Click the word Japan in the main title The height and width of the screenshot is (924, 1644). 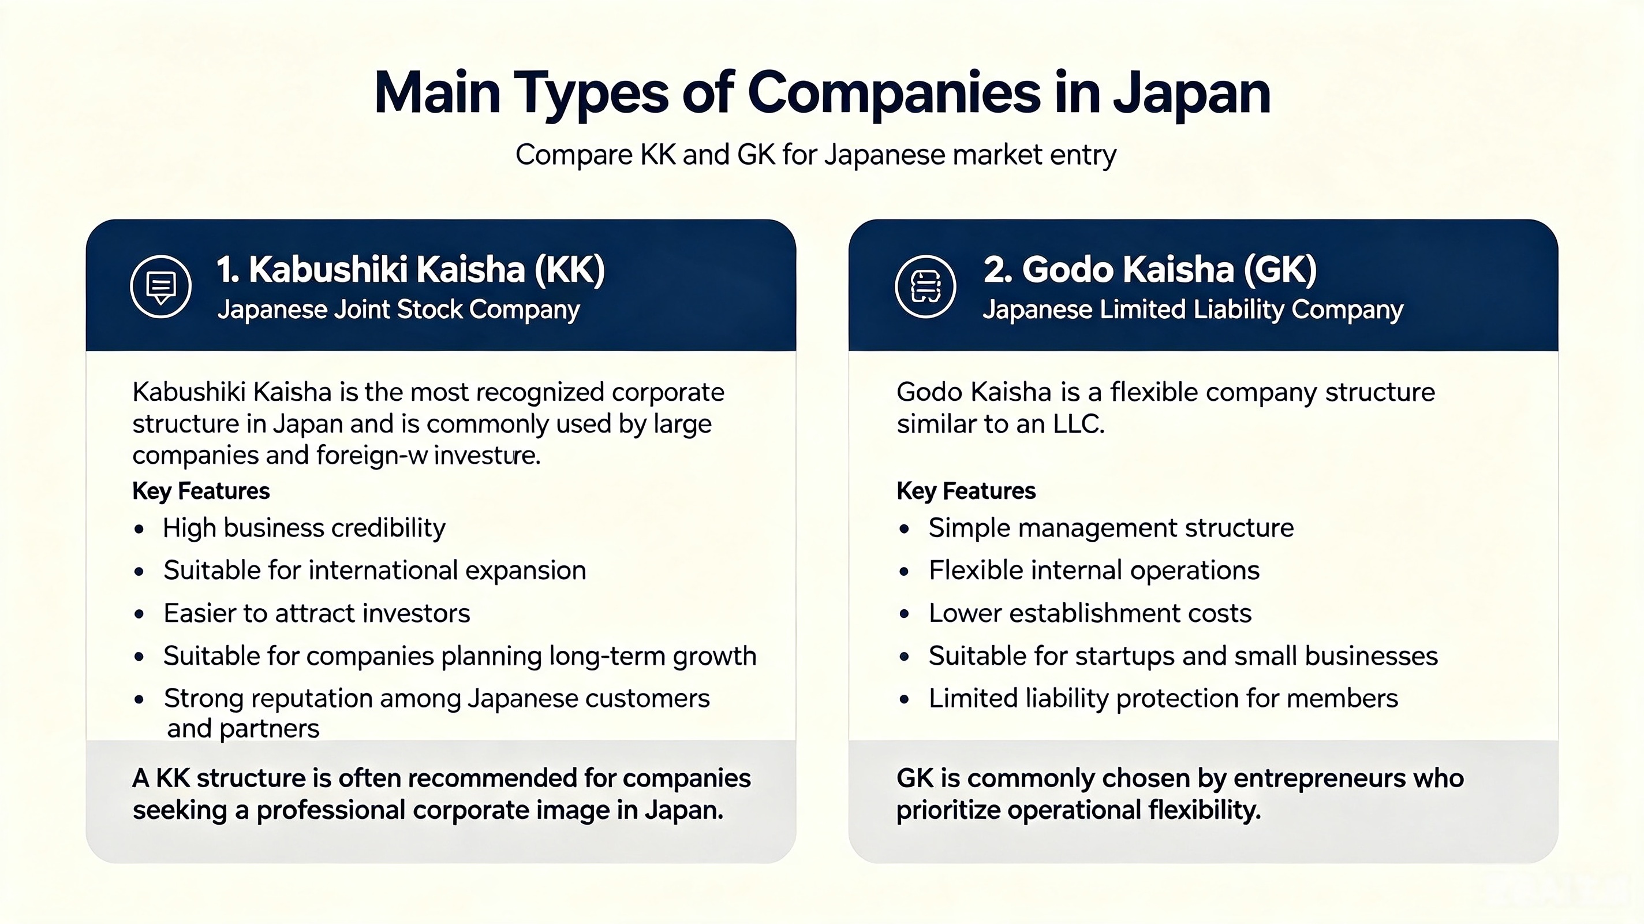click(x=1191, y=94)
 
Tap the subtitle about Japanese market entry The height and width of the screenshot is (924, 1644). click(x=816, y=155)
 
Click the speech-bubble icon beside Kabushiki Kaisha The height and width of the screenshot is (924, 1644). click(x=161, y=286)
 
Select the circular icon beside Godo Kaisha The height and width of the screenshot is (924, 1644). click(x=925, y=286)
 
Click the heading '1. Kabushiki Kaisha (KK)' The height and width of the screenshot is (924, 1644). click(x=410, y=269)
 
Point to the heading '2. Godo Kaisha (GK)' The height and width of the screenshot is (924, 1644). click(x=1150, y=269)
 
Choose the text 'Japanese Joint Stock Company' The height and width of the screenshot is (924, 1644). click(x=398, y=310)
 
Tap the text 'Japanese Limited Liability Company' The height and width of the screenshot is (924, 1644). click(x=1193, y=310)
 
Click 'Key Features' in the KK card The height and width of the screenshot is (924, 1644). click(x=201, y=491)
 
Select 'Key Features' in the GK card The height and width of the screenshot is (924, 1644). click(x=966, y=491)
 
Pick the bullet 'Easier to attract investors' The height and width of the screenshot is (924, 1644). click(x=316, y=613)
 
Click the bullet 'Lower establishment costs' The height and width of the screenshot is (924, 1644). click(x=1090, y=613)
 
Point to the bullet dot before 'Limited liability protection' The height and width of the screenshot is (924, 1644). click(x=905, y=699)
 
